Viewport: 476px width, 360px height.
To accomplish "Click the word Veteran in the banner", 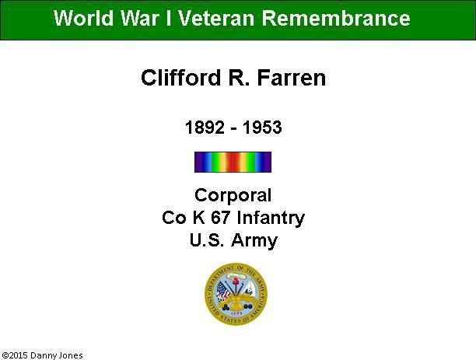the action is coord(216,18).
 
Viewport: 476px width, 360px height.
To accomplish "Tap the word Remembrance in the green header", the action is coord(336,18).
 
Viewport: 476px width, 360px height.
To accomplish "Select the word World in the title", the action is coord(83,18).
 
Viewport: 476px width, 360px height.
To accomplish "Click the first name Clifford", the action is coord(180,78).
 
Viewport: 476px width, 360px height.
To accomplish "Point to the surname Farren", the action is coord(292,78).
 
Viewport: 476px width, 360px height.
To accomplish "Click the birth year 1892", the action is coord(205,128).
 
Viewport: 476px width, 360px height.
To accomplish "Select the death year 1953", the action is coord(262,128).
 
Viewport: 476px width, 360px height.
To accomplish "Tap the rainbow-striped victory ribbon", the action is coord(233,162).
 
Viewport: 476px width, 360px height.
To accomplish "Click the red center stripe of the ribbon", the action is coord(233,162).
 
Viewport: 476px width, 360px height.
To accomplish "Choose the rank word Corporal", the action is coord(233,195).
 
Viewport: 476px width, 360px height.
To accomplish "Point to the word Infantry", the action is coord(271,218).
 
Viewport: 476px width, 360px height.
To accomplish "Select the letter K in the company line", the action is coord(198,218).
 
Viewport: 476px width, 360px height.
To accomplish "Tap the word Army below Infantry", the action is coord(254,241).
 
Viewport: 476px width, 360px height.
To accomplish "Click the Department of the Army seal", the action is coord(236,294).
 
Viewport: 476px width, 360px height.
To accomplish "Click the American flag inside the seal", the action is coord(223,292).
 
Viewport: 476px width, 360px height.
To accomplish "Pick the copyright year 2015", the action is coord(17,355).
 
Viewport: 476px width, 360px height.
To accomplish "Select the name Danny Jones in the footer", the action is coord(57,356).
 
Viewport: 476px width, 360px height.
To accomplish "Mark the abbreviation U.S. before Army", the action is coord(207,240).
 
